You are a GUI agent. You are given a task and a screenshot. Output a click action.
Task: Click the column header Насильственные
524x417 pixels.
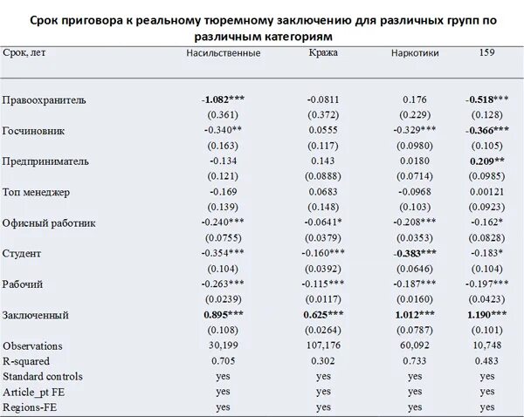point(224,54)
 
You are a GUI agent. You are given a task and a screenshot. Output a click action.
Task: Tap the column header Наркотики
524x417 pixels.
point(416,54)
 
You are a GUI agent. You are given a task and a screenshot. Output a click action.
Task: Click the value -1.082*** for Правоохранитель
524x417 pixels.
point(224,100)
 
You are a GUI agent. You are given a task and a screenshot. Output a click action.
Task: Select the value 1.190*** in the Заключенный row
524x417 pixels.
point(487,314)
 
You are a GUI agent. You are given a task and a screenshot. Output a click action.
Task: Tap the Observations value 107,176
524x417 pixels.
point(324,345)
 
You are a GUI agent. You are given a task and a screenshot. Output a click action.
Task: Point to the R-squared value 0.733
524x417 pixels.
point(416,361)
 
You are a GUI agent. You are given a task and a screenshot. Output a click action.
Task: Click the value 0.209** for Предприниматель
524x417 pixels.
point(487,161)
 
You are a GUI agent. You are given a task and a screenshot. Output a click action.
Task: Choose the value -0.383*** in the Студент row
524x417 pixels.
point(416,253)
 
